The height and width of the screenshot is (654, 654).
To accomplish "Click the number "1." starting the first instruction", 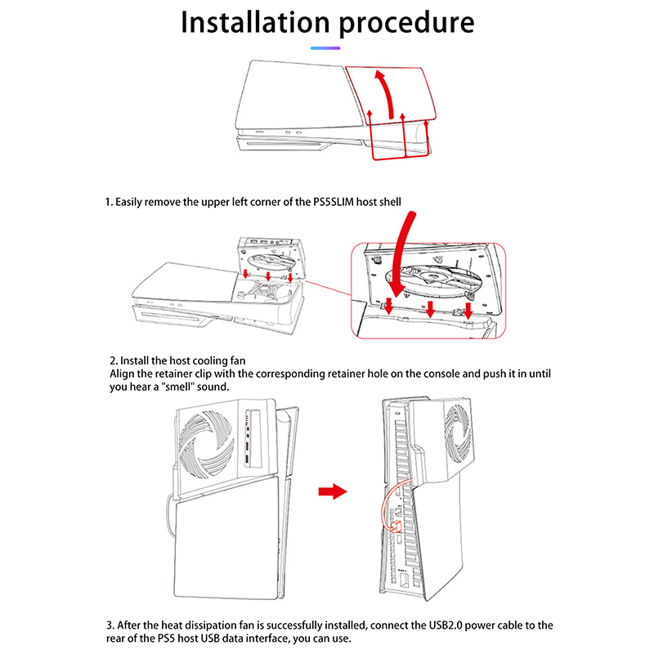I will (108, 201).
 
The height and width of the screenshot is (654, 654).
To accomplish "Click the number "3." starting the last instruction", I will (111, 625).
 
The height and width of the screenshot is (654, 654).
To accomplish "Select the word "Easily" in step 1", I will (132, 201).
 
